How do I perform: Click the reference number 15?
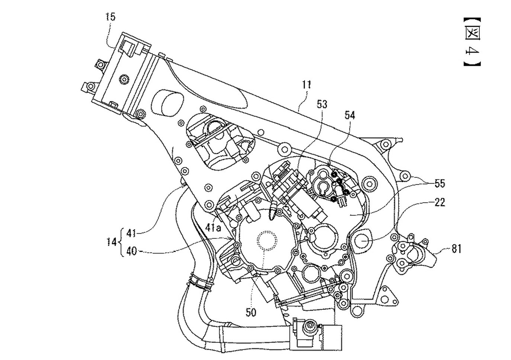point(110,17)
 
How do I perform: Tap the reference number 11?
point(306,85)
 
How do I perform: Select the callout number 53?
point(322,104)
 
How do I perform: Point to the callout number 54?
point(350,115)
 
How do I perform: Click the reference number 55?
point(439,183)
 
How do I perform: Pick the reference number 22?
point(440,202)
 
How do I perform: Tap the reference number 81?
point(456,249)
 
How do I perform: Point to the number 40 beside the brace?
point(131,251)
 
